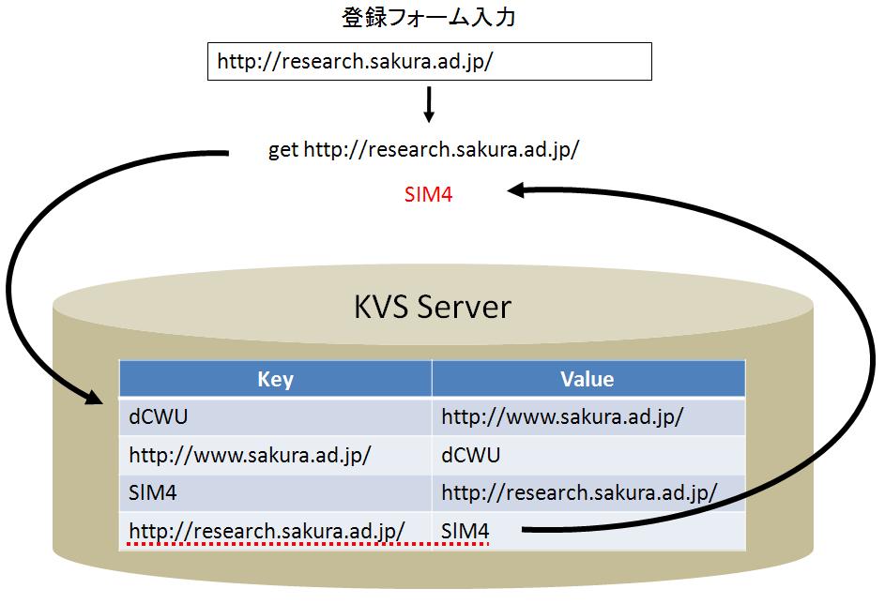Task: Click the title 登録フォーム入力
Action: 428,18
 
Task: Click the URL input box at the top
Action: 429,62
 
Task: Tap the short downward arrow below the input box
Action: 429,104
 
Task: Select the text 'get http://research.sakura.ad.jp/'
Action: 423,150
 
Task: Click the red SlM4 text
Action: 428,195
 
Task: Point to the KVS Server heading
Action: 433,307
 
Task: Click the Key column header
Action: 275,379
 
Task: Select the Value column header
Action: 587,379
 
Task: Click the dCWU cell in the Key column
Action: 275,416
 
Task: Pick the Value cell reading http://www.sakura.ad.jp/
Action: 587,416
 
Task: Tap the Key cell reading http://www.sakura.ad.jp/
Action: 275,455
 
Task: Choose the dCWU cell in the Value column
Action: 587,455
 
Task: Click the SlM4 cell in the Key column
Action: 275,493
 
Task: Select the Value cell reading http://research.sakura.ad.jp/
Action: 587,493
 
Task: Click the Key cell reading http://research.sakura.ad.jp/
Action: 275,531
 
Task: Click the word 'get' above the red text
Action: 282,151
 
